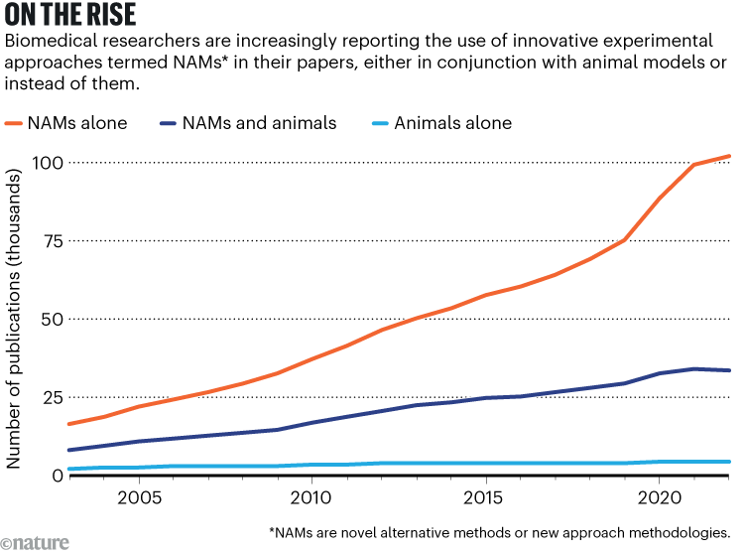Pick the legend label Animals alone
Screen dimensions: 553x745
(x=452, y=123)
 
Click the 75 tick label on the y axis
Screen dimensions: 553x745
(x=51, y=240)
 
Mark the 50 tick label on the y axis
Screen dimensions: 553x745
(x=51, y=319)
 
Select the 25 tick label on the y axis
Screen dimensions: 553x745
(x=51, y=397)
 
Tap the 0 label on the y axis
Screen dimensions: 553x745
(x=58, y=476)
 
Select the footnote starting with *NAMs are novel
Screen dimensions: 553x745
(x=499, y=531)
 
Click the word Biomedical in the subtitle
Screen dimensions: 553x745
(x=51, y=44)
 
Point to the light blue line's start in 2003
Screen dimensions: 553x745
(x=68, y=469)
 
